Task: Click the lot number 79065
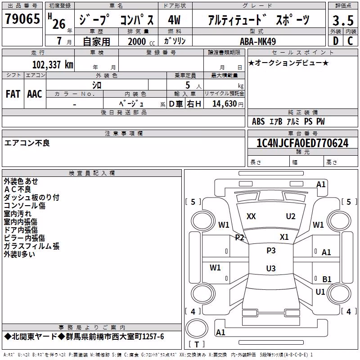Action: (x=22, y=19)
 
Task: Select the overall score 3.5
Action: (x=343, y=20)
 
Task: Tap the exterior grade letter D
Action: (x=336, y=41)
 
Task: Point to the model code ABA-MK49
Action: (x=258, y=41)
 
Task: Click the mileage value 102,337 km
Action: (x=53, y=65)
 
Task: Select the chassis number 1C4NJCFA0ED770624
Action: (x=302, y=143)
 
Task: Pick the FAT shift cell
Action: (x=13, y=94)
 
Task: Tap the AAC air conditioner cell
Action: (x=35, y=94)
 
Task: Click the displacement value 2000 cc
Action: (x=141, y=41)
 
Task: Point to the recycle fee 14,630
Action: (x=225, y=104)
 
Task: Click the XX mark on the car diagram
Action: (x=251, y=216)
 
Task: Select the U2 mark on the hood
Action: (x=291, y=216)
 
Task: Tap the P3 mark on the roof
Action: (x=271, y=251)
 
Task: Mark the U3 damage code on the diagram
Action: (x=271, y=268)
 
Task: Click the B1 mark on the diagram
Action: (x=327, y=279)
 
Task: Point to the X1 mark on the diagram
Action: (x=284, y=237)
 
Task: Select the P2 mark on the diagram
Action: (x=239, y=238)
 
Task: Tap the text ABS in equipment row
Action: (x=258, y=121)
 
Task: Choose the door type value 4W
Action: (x=174, y=20)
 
